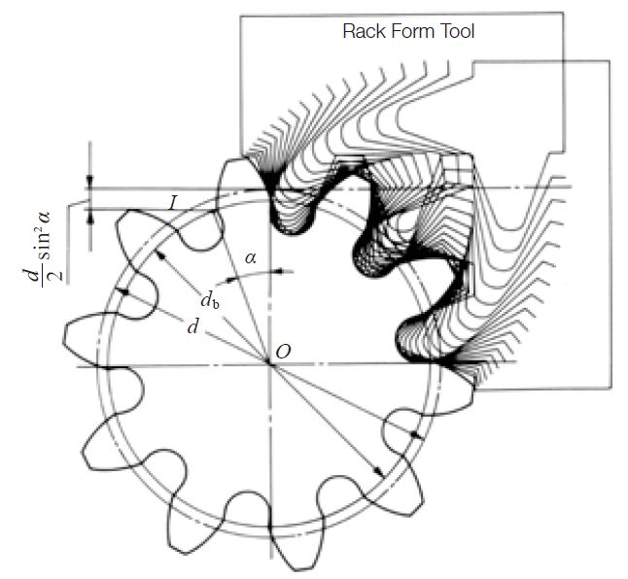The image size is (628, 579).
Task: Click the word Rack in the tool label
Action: pos(364,31)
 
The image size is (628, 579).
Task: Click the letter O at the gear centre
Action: pos(282,351)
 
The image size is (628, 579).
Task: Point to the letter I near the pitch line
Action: pos(172,203)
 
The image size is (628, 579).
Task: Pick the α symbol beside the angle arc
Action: pos(251,258)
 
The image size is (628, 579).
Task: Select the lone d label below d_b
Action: pos(194,327)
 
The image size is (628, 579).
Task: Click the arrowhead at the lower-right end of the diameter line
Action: pos(380,472)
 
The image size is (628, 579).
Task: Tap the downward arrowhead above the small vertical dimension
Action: pos(90,181)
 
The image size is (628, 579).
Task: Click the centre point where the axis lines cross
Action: pos(268,364)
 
